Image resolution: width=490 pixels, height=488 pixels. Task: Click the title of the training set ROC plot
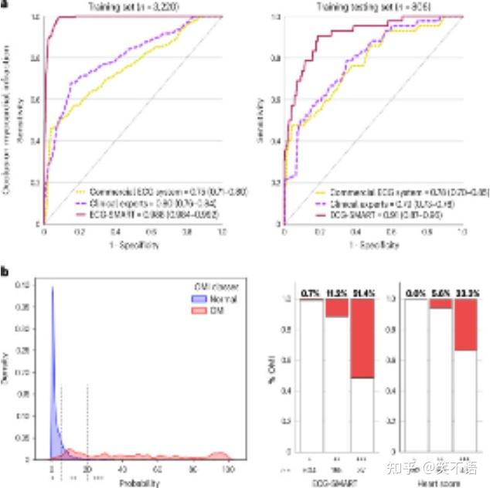(133, 6)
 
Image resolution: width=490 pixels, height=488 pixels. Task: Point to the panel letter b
(5, 272)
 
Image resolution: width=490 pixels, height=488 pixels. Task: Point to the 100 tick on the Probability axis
(229, 469)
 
